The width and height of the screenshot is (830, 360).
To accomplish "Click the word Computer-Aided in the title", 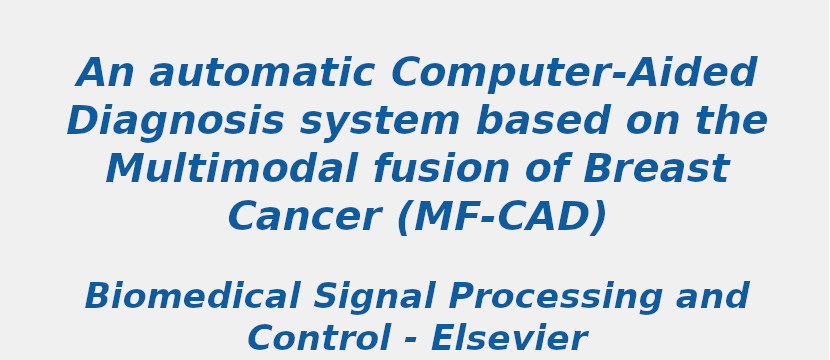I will click(x=574, y=74).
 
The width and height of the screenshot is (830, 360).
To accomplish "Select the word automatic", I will click(x=262, y=74).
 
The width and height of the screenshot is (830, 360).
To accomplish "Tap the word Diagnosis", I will click(x=175, y=122).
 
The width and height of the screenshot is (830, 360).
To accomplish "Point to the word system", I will click(x=380, y=122).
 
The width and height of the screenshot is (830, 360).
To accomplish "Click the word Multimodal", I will click(x=231, y=170).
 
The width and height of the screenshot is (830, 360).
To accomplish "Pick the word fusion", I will click(x=442, y=170).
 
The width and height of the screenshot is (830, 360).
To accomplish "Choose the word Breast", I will click(x=656, y=170).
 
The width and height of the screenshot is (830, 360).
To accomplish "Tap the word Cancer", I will click(x=303, y=218).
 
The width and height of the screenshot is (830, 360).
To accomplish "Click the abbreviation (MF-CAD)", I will click(x=502, y=218).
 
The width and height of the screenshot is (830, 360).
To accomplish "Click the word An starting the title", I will click(x=105, y=74).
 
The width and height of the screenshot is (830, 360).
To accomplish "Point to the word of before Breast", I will click(x=547, y=170).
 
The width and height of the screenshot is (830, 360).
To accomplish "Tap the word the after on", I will click(x=732, y=122).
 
